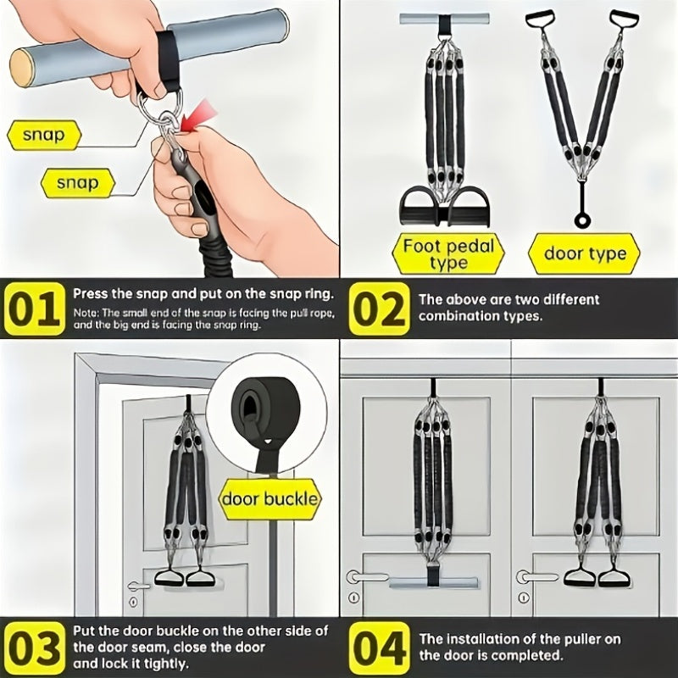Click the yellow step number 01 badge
[x=35, y=308]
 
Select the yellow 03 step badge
[x=35, y=648]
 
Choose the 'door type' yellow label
[x=585, y=253]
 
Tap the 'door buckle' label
[x=269, y=498]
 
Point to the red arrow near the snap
[x=197, y=114]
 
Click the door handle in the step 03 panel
[x=137, y=586]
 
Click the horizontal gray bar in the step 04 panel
[x=432, y=583]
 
